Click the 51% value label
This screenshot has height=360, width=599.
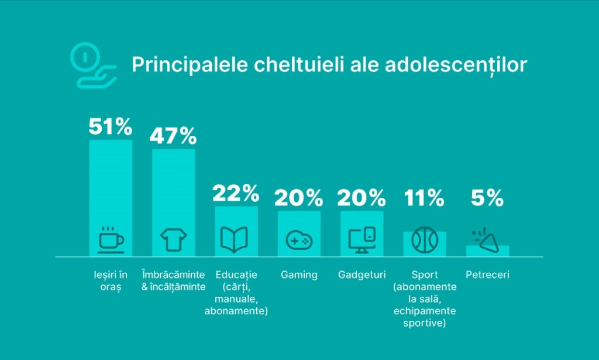pyautogui.click(x=111, y=126)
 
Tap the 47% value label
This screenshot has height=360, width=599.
pyautogui.click(x=173, y=136)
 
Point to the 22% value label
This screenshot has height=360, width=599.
pyautogui.click(x=236, y=193)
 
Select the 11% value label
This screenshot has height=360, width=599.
pyautogui.click(x=424, y=198)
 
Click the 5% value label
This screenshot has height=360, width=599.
pyautogui.click(x=487, y=198)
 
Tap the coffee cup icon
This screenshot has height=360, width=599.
pyautogui.click(x=111, y=239)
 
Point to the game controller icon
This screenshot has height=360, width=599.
pyautogui.click(x=299, y=240)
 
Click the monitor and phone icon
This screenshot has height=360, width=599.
pyautogui.click(x=362, y=239)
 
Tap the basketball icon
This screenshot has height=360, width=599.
pyautogui.click(x=424, y=239)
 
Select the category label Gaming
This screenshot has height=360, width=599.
pyautogui.click(x=299, y=275)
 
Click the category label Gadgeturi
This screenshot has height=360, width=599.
pyautogui.click(x=362, y=275)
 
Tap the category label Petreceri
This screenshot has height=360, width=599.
pyautogui.click(x=487, y=275)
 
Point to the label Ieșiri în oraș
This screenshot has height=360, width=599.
pyautogui.click(x=111, y=280)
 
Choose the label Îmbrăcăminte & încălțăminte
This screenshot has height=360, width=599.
pyautogui.click(x=174, y=280)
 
